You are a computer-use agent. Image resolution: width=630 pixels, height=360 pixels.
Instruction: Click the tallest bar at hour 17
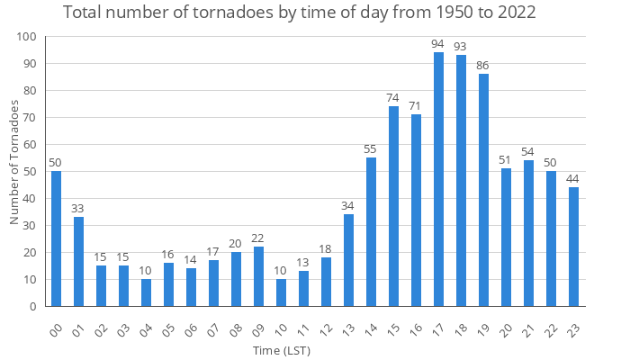click(438, 180)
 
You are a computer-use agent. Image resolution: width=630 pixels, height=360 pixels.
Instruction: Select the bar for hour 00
click(56, 238)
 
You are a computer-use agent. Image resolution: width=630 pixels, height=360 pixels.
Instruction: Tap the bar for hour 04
click(146, 292)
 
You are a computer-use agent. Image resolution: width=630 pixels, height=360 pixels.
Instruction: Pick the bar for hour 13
click(348, 260)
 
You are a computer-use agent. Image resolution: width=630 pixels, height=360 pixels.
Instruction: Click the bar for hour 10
click(281, 292)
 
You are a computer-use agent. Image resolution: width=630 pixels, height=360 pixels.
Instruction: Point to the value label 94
click(438, 44)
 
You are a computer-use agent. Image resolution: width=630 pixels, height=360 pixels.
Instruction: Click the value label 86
click(483, 66)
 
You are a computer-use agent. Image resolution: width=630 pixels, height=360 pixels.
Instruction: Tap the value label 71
click(416, 106)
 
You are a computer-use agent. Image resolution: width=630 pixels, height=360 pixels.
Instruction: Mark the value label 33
click(78, 209)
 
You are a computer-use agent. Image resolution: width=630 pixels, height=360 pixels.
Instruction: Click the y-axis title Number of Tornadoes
click(14, 163)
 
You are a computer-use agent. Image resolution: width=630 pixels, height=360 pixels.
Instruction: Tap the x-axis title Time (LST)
click(281, 349)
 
